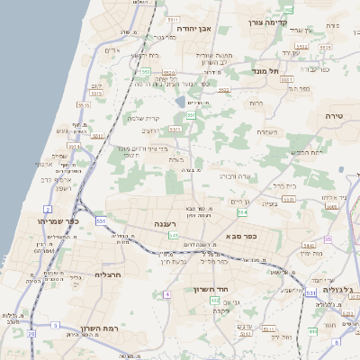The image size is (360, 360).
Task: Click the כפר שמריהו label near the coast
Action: [x=58, y=220]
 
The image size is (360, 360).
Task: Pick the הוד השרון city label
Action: [x=214, y=289]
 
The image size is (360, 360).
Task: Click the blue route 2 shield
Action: [x=47, y=209]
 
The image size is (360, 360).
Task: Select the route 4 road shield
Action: [x=166, y=294]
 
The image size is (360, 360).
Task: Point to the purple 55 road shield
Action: [x=328, y=239]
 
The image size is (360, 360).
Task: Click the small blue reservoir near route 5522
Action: [x=181, y=103]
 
